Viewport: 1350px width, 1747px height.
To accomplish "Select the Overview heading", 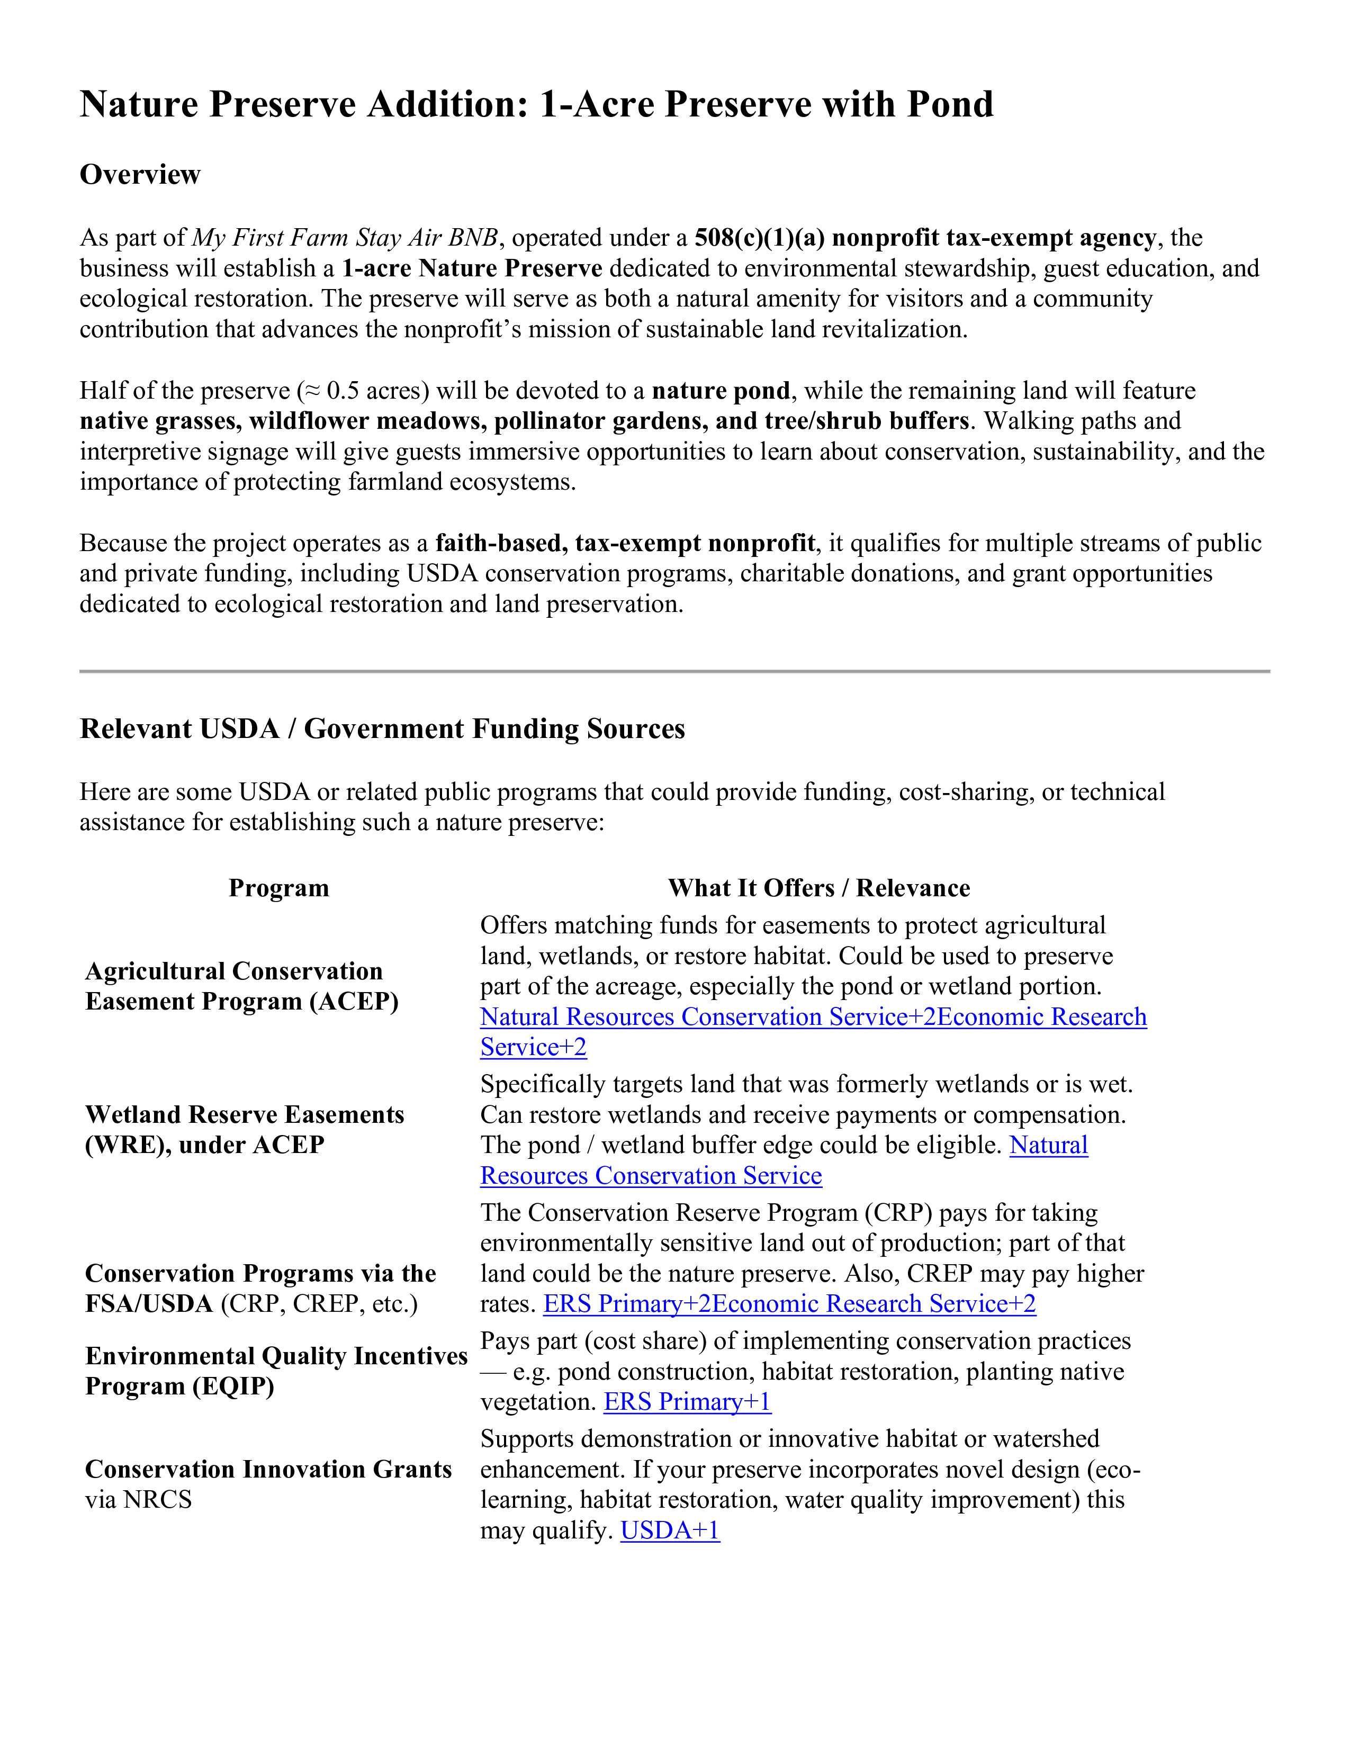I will point(140,174).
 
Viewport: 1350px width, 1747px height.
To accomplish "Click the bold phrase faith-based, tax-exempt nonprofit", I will point(625,543).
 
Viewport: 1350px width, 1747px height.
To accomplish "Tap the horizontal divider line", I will point(674,671).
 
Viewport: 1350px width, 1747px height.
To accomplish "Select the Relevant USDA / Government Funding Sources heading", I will point(382,729).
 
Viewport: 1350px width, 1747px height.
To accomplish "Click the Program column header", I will point(278,888).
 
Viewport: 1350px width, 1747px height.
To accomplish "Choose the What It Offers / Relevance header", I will point(818,888).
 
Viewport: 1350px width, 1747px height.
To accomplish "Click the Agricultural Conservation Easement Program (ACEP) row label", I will point(241,986).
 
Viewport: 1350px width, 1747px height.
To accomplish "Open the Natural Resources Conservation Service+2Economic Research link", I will point(813,1016).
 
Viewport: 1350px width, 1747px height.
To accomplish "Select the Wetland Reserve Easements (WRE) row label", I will point(244,1130).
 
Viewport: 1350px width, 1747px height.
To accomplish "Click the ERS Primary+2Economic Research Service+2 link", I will point(789,1304).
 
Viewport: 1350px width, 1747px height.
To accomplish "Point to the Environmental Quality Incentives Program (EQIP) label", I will point(276,1371).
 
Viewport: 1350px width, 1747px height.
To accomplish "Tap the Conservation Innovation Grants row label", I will point(268,1470).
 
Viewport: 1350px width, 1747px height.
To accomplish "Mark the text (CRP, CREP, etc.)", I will point(319,1304).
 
